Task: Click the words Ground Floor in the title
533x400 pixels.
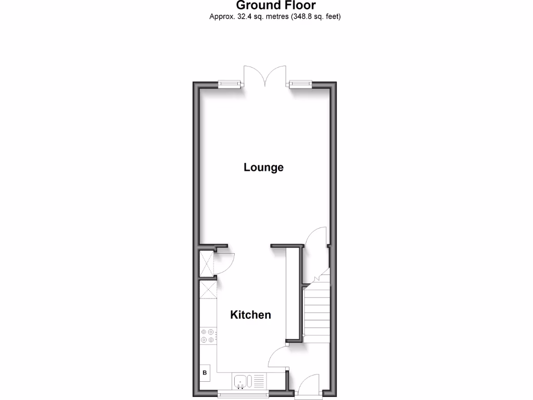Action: (x=275, y=6)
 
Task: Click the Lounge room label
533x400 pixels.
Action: (x=263, y=167)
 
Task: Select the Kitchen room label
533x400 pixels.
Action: (x=250, y=315)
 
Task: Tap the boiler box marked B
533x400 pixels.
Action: (x=205, y=372)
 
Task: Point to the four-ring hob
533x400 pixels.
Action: (x=208, y=335)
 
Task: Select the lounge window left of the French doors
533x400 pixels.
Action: (x=230, y=83)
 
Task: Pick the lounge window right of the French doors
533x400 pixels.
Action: (x=300, y=83)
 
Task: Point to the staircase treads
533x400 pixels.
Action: (x=317, y=312)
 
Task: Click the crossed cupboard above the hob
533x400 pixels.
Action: (x=208, y=289)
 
